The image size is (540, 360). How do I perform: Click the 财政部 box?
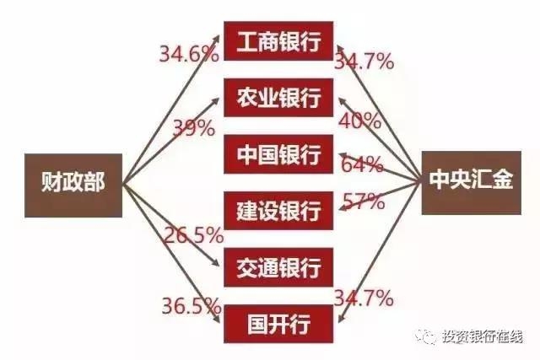[73, 185]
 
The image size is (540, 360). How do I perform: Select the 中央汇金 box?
[471, 182]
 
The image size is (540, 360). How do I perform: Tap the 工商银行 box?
[278, 41]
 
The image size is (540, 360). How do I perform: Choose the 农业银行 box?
[278, 98]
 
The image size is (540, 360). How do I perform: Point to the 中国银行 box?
[278, 153]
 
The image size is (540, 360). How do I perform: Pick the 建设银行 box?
[278, 211]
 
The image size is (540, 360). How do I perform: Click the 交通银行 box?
[278, 267]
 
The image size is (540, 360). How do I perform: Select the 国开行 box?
[278, 324]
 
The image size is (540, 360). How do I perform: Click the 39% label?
[193, 127]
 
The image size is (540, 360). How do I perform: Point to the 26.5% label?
[194, 235]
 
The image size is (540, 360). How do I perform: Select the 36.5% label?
[192, 305]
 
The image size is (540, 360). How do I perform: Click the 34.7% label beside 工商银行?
[364, 62]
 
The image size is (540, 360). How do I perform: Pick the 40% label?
[360, 121]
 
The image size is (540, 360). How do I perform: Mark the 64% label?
[362, 164]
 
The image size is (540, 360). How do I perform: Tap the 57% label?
[364, 201]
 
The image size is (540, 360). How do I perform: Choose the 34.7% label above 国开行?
[364, 298]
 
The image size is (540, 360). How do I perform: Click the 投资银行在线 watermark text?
[483, 336]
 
